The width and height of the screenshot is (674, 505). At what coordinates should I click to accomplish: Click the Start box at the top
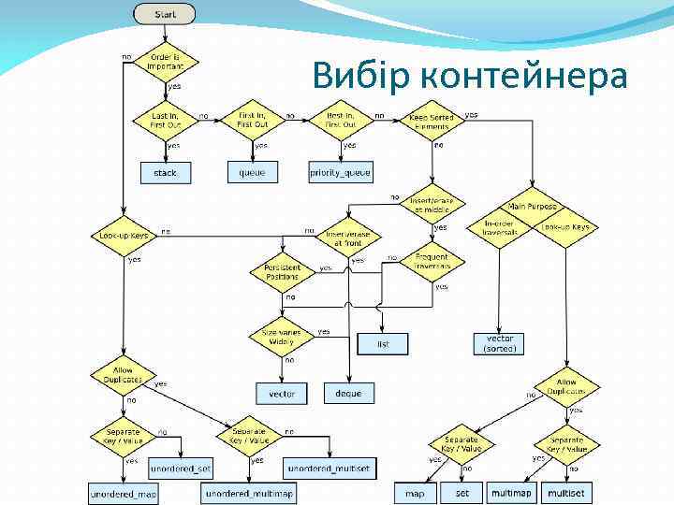pos(165,14)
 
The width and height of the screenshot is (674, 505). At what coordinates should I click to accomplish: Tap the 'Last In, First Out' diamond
pos(165,119)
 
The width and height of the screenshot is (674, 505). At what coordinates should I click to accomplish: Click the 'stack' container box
pos(165,173)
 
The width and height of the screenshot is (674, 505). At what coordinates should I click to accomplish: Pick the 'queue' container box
pos(252,172)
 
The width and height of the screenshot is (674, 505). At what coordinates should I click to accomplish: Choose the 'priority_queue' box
pos(340,172)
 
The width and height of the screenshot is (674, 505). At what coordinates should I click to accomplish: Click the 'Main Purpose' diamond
pos(533,207)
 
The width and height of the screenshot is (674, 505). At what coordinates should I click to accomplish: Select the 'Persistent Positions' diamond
pos(282,271)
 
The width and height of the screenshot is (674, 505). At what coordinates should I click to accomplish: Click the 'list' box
pos(383,344)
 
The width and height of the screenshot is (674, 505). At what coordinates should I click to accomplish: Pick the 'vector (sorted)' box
pos(500,343)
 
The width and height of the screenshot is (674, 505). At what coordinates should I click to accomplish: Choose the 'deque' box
pos(348,393)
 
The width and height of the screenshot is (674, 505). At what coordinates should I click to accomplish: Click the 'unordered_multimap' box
pos(247,492)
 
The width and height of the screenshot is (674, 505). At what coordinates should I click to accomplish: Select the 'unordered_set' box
pos(180,467)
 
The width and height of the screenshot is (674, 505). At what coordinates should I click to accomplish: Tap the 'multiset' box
pos(565,492)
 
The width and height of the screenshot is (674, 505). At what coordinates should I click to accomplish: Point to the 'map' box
pos(415,492)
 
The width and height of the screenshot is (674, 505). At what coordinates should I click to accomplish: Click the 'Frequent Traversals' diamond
pos(431,261)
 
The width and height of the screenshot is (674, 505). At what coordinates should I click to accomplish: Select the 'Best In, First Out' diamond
pos(341,119)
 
